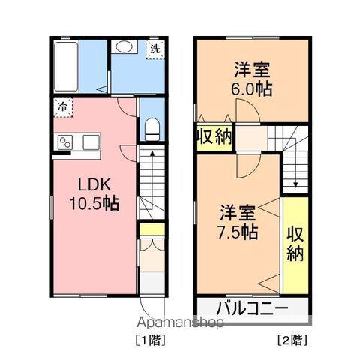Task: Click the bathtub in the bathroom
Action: pos(66,67)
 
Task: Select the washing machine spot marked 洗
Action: pos(155,49)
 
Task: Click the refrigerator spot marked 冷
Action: pos(63,107)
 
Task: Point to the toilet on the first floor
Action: pos(152,129)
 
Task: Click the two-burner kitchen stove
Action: pos(65,142)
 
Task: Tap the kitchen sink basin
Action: pos(91,142)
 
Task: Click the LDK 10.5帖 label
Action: pos(94,194)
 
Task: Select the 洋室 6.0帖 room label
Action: pos(251,79)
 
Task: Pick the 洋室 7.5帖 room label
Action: pos(238,222)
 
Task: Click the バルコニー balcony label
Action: pos(252,308)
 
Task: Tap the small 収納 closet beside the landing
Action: pos(215,136)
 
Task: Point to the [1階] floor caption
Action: pos(151,340)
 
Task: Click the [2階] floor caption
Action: pos(292,340)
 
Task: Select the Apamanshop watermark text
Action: pos(180,322)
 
